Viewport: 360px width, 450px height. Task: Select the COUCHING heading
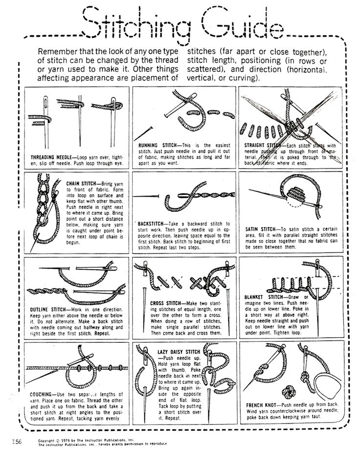click(x=43, y=393)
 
